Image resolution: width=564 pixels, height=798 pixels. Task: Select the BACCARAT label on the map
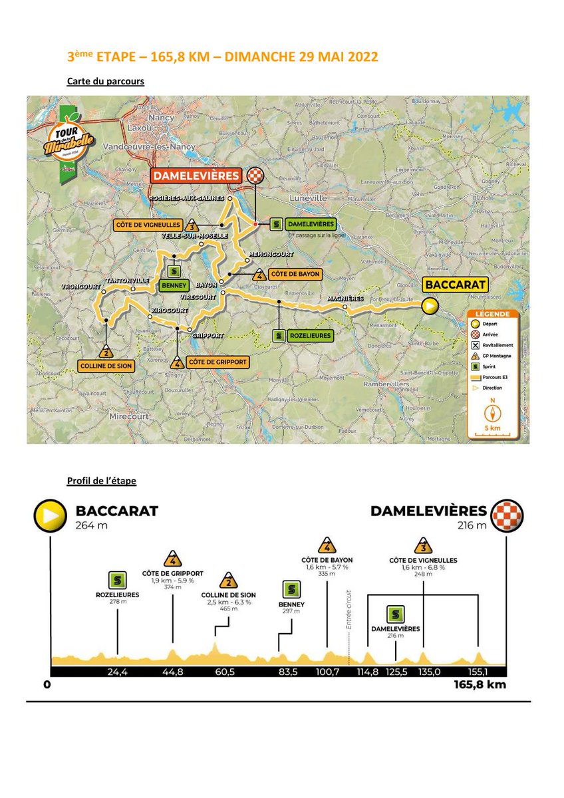456,285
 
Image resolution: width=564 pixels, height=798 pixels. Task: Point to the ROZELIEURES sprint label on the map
310,336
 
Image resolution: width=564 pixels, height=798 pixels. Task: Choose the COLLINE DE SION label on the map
106,366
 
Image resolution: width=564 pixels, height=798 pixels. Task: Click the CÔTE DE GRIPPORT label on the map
218,362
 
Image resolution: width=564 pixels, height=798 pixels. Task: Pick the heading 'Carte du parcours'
106,81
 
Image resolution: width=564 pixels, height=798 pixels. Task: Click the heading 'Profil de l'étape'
102,481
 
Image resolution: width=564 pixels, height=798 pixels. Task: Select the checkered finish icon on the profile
508,515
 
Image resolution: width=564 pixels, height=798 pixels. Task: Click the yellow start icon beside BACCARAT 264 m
51,515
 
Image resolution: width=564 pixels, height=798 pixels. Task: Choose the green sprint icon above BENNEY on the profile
291,589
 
